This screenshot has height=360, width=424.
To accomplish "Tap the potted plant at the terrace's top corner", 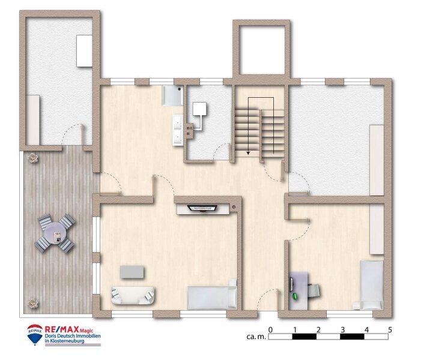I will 31,157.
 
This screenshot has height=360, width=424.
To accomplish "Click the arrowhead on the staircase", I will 247,152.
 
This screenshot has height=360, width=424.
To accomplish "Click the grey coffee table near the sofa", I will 132,272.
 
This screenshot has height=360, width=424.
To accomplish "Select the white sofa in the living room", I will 133,294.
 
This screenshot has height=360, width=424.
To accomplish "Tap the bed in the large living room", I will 210,296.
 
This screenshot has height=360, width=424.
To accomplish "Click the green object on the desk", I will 295,295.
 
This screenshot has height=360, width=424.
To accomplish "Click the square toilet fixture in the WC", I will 199,109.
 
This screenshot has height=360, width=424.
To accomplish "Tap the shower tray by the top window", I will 172,95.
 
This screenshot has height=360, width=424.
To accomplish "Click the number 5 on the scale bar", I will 390,329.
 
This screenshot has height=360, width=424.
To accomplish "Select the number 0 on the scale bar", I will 271,329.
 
